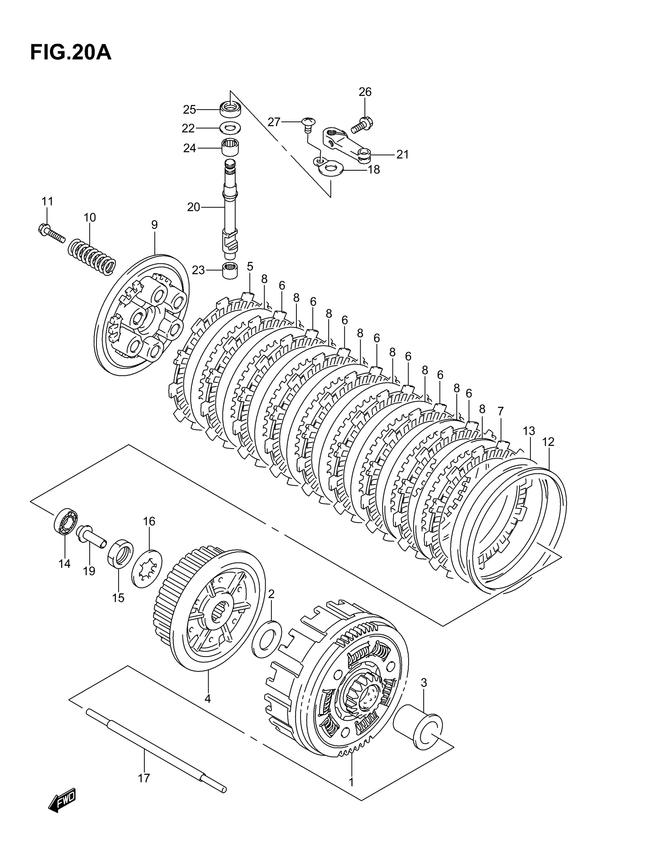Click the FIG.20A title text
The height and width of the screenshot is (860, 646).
[70, 52]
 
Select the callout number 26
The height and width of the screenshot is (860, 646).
[364, 92]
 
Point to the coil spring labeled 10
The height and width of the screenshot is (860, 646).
[92, 258]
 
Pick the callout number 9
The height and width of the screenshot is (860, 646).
[154, 224]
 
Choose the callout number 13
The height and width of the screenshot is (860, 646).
[529, 431]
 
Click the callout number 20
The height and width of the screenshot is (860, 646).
[193, 207]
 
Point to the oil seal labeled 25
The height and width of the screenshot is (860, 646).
[231, 108]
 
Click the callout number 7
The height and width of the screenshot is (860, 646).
[500, 411]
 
